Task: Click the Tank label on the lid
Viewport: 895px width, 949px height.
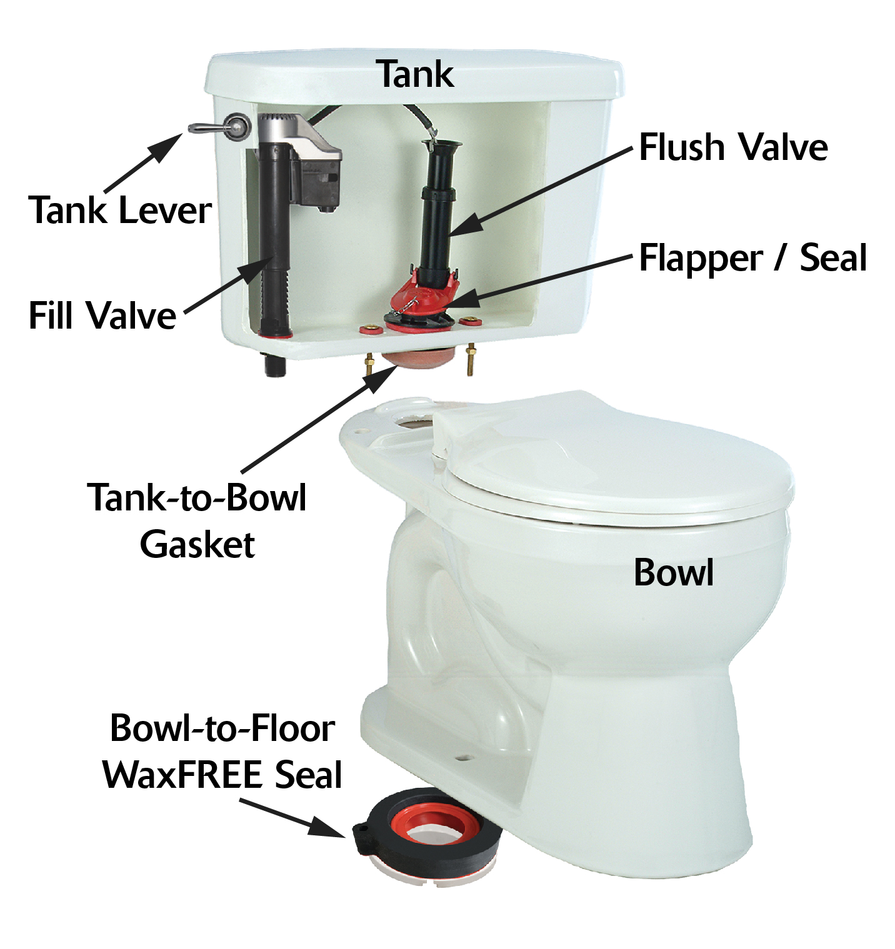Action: tap(416, 74)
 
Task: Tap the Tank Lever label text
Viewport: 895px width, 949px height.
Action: tap(120, 210)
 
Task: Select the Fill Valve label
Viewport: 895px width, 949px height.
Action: tap(102, 315)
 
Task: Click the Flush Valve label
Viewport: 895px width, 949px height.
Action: tap(733, 147)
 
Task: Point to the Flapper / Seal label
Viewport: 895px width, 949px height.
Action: tap(752, 258)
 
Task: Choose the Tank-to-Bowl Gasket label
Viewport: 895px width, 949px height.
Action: tap(197, 520)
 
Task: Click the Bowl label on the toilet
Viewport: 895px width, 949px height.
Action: tap(673, 572)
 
